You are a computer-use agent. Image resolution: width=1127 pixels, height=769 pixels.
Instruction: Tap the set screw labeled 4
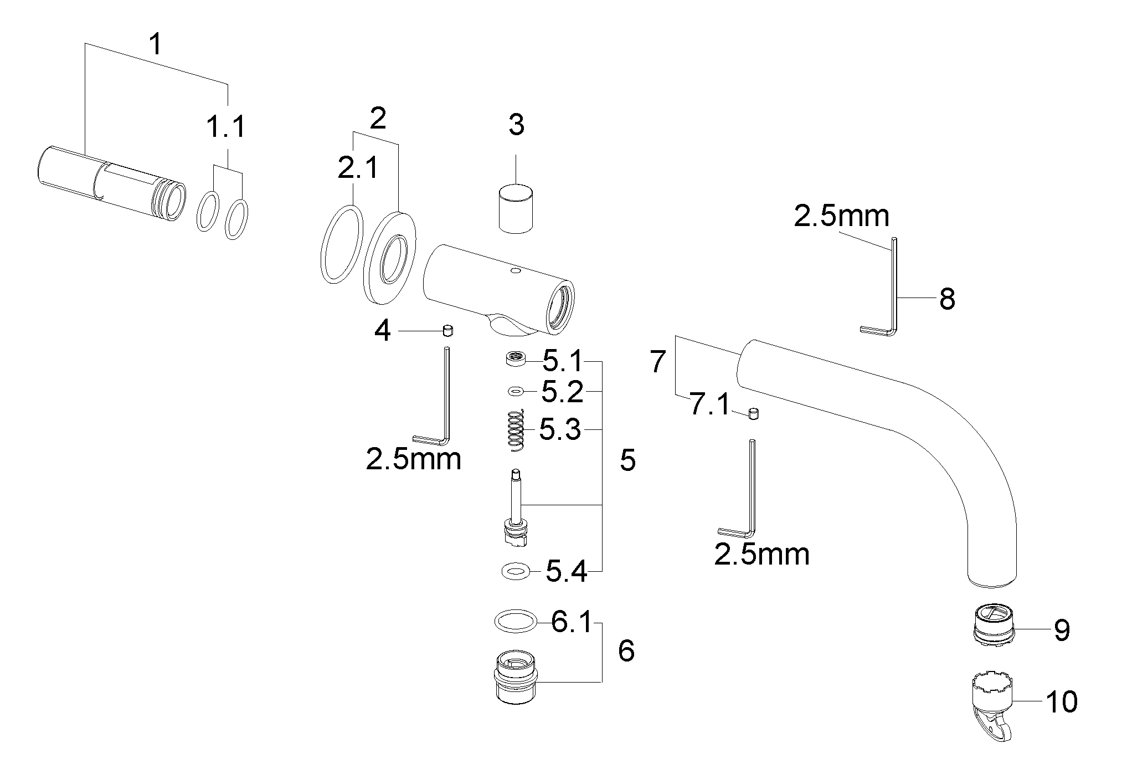(x=447, y=331)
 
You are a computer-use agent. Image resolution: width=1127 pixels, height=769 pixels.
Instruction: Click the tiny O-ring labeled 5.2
(x=515, y=391)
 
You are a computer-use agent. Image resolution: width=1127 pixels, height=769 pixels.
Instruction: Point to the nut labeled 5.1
(x=515, y=359)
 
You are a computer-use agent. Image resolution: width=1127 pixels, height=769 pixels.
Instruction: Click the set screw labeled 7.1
(x=753, y=413)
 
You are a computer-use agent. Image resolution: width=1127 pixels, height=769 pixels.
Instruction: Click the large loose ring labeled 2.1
(x=342, y=244)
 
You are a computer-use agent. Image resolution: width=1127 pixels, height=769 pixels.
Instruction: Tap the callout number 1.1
(x=226, y=127)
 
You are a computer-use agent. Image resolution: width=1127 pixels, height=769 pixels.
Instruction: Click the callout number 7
(x=657, y=362)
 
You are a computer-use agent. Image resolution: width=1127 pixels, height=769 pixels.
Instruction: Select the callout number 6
(x=626, y=651)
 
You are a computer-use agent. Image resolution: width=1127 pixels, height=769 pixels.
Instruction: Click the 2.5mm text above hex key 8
(x=841, y=216)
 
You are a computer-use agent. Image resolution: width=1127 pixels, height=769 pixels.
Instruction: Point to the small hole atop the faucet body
(x=516, y=271)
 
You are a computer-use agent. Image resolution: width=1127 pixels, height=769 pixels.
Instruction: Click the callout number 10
(x=1061, y=701)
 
